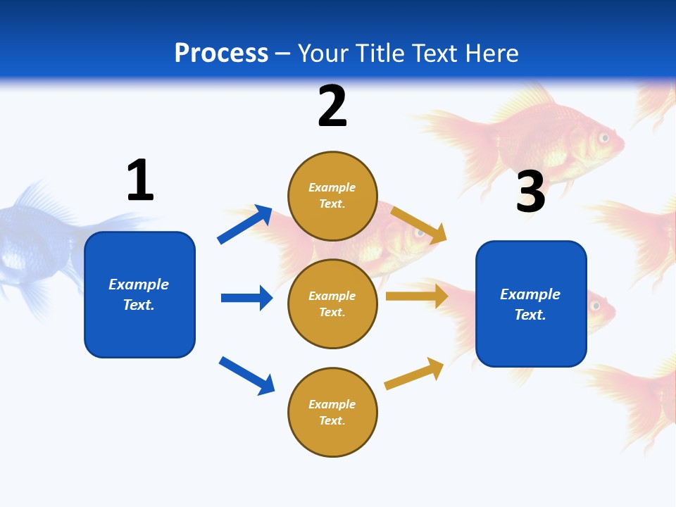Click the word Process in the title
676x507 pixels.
coord(221,53)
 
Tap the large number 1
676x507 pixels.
coord(140,180)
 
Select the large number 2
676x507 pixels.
coord(332,106)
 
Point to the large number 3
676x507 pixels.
coord(530,192)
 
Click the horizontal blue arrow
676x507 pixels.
coord(246,298)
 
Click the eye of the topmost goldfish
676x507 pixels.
coord(604,138)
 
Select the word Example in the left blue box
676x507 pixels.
coord(139,284)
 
